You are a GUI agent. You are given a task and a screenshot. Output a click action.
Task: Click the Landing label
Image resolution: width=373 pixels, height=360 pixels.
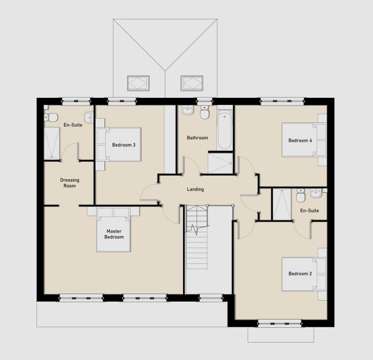coord(195,189)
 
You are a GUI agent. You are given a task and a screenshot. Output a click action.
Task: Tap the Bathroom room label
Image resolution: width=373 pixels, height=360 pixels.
coord(198,138)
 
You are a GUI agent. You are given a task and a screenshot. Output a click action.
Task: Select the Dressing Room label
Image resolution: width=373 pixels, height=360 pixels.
coord(70,183)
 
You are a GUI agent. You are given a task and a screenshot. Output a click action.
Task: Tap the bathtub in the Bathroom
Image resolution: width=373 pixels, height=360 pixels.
coord(225,130)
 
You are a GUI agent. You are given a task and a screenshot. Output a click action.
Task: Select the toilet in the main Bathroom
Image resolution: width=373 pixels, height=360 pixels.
coord(204,112)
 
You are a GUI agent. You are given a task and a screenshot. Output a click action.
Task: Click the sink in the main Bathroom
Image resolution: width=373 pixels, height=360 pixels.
coord(188,110)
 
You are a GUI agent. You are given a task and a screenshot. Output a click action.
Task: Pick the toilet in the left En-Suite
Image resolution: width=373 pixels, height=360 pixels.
coord(51,117)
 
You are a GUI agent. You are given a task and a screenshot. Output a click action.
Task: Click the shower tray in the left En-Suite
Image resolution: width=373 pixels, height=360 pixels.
coord(52,143)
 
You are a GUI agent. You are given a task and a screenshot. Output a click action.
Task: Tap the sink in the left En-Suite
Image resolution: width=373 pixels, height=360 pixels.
coord(89,118)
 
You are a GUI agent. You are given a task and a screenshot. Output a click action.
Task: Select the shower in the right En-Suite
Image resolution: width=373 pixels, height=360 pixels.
coord(282,204)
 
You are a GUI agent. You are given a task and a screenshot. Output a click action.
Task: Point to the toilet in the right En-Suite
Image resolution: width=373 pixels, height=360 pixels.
coord(300,195)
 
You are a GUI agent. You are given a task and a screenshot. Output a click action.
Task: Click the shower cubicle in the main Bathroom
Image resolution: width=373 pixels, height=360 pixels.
coord(221,163)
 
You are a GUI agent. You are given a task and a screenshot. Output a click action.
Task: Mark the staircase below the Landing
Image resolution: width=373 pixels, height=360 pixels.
coord(196,237)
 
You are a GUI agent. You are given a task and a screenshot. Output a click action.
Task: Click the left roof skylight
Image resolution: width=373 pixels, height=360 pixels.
coord(139,83)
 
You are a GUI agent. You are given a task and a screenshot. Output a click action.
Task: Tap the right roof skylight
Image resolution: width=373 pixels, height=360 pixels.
coord(192,83)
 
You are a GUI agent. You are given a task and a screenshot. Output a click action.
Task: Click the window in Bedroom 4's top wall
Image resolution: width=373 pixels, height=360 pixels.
coord(282,102)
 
